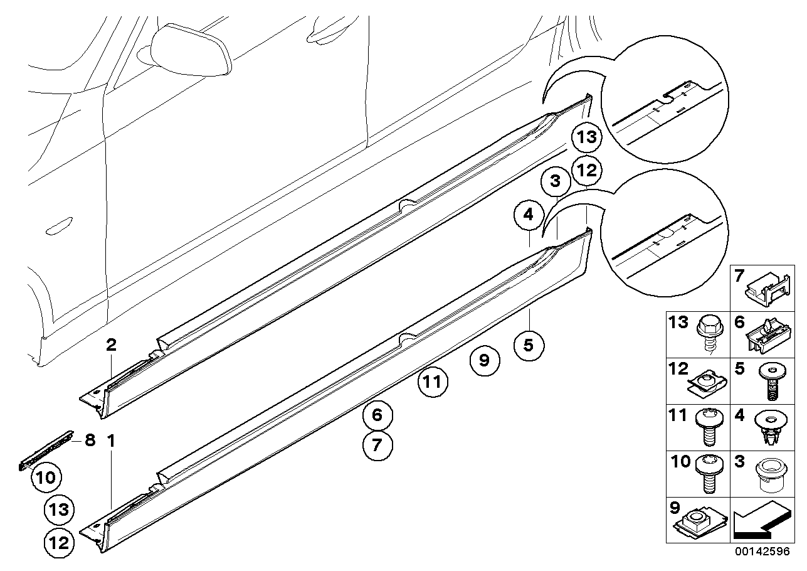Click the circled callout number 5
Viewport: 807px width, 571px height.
click(529, 344)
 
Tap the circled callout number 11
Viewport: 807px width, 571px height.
click(433, 382)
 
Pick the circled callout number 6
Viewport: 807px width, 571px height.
click(377, 415)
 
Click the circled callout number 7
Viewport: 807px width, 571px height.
click(377, 446)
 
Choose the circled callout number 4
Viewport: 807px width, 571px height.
click(529, 216)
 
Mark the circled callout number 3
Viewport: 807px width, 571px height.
click(555, 183)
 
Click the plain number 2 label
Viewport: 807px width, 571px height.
click(111, 344)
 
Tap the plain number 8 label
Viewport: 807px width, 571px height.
click(90, 440)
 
